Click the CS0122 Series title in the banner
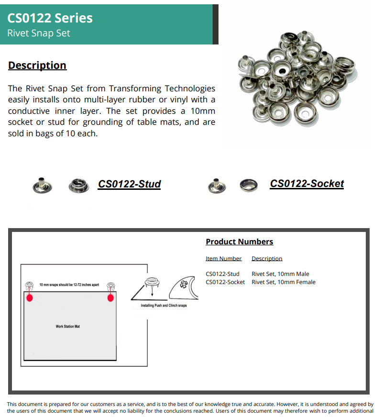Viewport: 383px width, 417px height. pyautogui.click(x=50, y=18)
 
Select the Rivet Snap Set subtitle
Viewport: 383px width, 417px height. pyautogui.click(x=39, y=33)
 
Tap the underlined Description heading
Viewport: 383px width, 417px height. pyautogui.click(x=37, y=66)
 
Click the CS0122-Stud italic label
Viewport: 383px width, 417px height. pyautogui.click(x=129, y=184)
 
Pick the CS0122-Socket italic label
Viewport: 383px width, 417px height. pyautogui.click(x=306, y=184)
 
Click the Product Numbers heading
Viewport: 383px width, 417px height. pyautogui.click(x=239, y=241)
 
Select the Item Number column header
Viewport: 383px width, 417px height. pyautogui.click(x=223, y=259)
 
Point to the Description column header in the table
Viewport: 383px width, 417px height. pyautogui.click(x=267, y=259)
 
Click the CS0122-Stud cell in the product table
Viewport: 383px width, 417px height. pyautogui.click(x=222, y=274)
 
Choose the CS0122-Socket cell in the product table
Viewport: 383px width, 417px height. pyautogui.click(x=225, y=282)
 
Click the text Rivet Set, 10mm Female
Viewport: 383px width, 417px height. pyautogui.click(x=284, y=282)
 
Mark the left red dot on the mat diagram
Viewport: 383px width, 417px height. pyautogui.click(x=30, y=298)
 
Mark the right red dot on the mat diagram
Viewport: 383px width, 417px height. pyautogui.click(x=111, y=298)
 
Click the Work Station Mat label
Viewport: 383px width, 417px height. pyautogui.click(x=67, y=327)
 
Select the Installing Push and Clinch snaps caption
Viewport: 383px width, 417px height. pyautogui.click(x=164, y=306)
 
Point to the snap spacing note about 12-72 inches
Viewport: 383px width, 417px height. pyautogui.click(x=69, y=285)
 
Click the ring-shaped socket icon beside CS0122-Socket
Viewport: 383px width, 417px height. pyautogui.click(x=249, y=185)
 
